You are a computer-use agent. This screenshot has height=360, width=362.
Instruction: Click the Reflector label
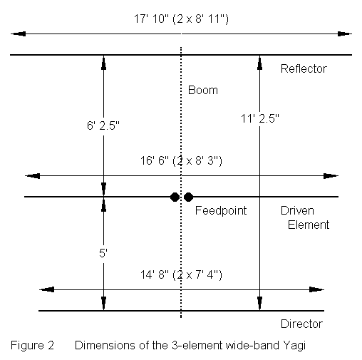pos(304,69)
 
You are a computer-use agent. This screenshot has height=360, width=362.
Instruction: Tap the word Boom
pos(203,91)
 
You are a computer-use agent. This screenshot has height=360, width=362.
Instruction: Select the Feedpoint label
pos(221,211)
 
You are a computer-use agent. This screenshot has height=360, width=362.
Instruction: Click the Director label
pos(301,324)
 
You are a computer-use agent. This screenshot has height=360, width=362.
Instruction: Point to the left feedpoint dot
pos(175,197)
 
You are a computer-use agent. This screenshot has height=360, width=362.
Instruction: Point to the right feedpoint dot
pos(188,197)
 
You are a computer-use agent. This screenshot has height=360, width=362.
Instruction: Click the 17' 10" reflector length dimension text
pos(181,19)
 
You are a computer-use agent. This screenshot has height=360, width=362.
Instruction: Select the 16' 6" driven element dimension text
pos(181,161)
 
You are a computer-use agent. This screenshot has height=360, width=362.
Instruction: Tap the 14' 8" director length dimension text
pos(181,275)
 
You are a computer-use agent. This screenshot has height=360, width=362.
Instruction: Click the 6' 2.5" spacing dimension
pos(103,125)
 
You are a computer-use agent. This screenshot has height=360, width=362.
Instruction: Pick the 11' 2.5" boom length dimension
pos(260,118)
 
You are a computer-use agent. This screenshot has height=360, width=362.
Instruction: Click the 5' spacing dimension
pos(103,253)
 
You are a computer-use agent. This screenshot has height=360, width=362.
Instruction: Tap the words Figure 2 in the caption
pos(32,346)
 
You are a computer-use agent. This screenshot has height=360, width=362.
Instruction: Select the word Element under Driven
pos(309,225)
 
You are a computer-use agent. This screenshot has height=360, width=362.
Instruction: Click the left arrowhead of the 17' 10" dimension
pos(19,34)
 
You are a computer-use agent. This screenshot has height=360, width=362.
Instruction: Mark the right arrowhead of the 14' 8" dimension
pos(316,289)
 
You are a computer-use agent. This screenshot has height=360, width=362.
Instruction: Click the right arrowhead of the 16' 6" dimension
pos(331,176)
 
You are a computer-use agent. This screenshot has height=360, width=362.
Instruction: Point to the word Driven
pos(297,211)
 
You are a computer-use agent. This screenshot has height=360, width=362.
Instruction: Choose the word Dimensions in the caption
pos(105,346)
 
